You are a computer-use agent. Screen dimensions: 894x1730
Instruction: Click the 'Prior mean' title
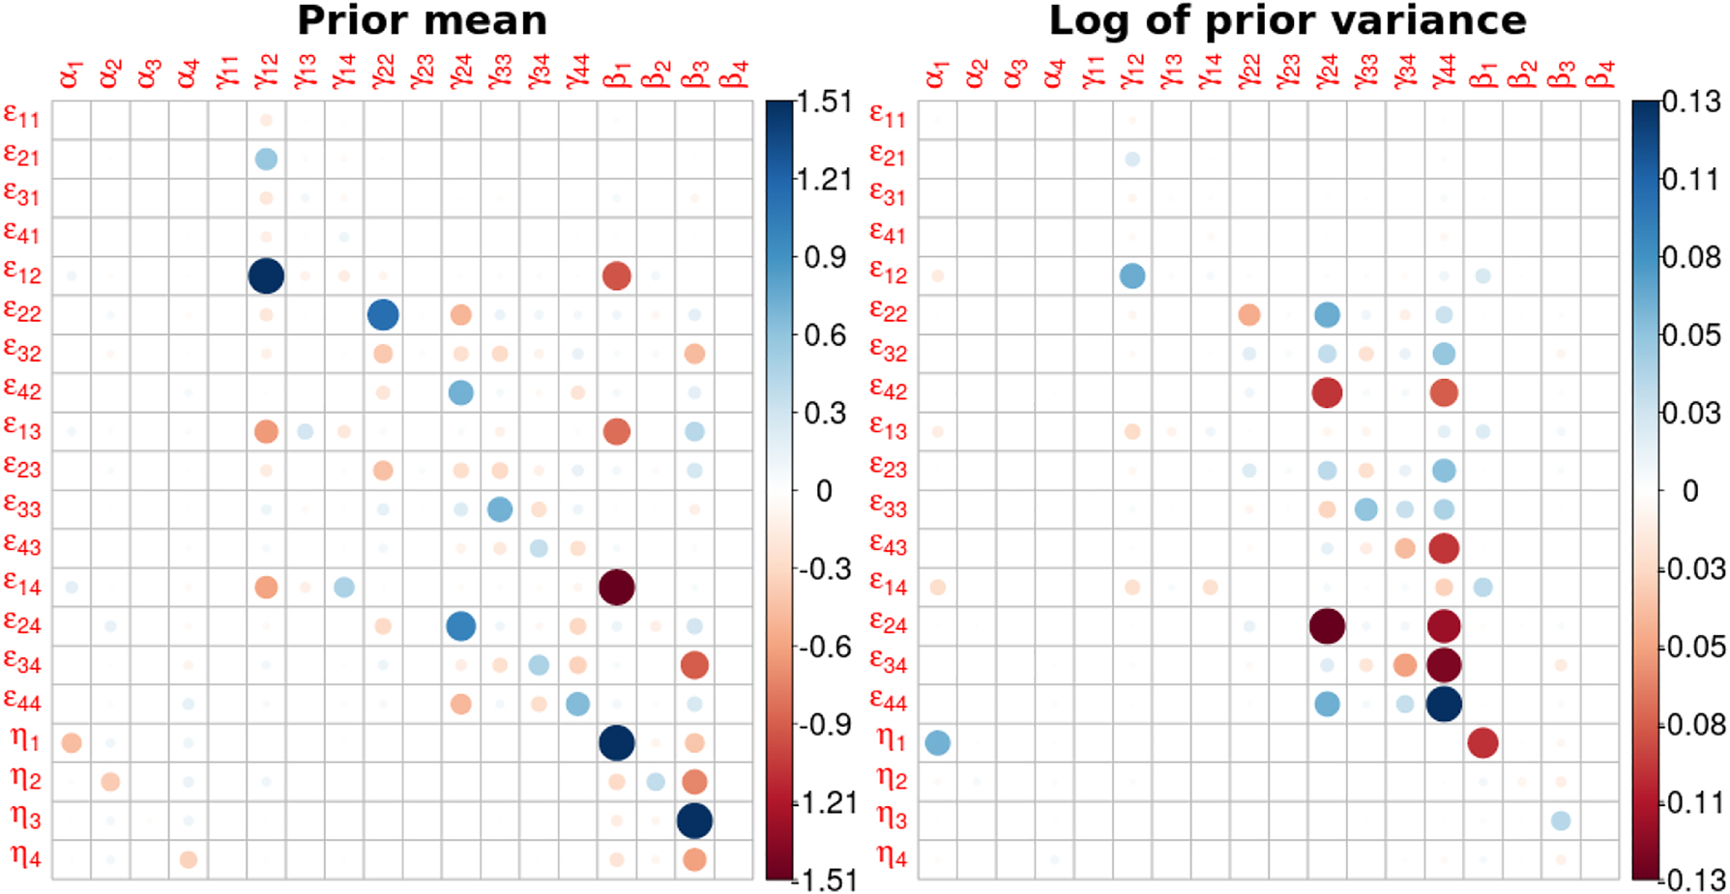(422, 20)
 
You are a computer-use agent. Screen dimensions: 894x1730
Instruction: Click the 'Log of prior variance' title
(1287, 20)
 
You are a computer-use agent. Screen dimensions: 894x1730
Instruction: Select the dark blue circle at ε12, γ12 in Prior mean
(266, 275)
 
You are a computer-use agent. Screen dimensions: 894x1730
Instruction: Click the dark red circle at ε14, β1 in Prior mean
(617, 587)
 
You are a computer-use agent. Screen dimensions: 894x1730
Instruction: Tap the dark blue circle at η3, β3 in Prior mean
(694, 821)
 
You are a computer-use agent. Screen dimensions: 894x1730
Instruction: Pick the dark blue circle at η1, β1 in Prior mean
(617, 742)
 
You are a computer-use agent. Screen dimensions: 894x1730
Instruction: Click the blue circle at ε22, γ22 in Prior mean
(383, 314)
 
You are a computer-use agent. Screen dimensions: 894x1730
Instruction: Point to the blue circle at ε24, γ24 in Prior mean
(461, 626)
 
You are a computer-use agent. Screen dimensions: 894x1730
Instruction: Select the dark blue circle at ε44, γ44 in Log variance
(1444, 704)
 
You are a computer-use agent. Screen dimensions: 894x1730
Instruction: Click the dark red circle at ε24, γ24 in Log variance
(1327, 626)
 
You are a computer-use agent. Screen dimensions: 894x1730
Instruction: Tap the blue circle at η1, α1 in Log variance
(937, 742)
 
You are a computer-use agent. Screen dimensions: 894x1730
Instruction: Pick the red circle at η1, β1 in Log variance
(1482, 742)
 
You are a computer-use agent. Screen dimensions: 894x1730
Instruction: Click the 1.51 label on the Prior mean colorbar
(825, 101)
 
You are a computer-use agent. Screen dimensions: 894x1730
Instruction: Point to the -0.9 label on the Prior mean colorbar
(825, 725)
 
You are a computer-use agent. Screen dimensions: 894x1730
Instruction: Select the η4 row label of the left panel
(26, 856)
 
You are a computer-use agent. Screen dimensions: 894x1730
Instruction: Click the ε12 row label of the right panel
(889, 274)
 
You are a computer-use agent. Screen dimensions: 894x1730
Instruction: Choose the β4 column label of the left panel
(735, 73)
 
